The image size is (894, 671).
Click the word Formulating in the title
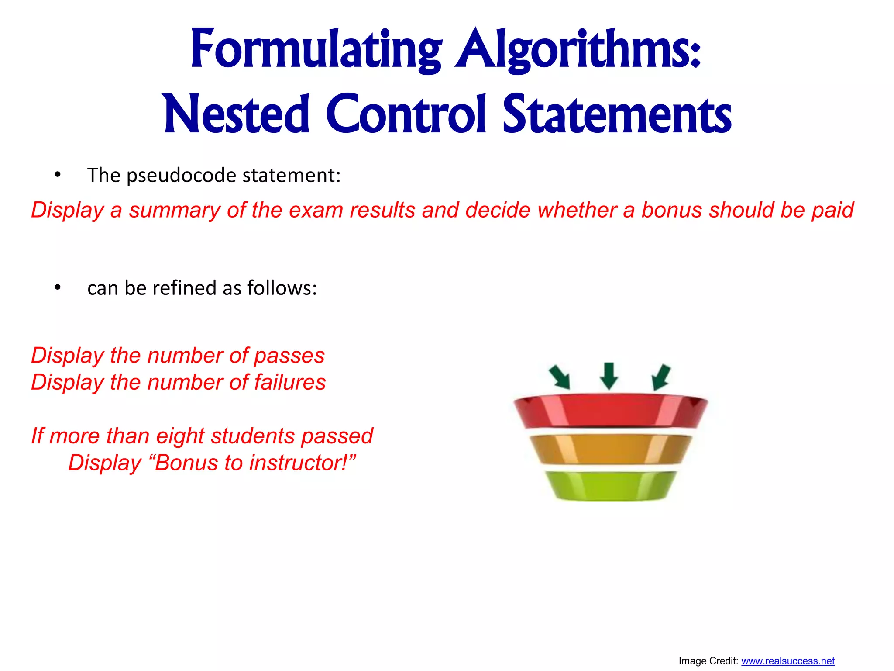pos(316,49)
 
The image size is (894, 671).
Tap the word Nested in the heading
pos(237,114)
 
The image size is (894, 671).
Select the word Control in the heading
pos(406,114)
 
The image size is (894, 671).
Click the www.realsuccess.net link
pos(787,661)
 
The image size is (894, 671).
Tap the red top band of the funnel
pos(610,411)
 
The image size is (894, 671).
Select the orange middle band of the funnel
pos(610,449)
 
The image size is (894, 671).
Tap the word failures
pos(290,382)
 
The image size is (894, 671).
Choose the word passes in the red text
pos(289,356)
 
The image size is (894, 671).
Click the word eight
pos(180,436)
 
